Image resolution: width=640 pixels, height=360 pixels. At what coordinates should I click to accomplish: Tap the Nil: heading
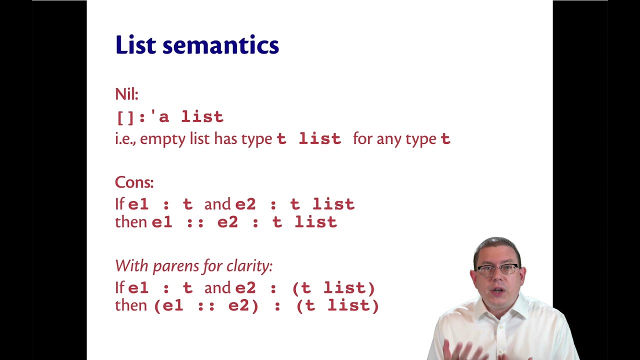tap(126, 94)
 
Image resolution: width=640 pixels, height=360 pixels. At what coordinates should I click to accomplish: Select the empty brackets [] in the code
tap(124, 117)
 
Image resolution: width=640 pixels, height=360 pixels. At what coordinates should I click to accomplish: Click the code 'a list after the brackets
tap(190, 117)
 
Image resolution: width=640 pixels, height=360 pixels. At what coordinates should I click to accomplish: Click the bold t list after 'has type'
tap(308, 139)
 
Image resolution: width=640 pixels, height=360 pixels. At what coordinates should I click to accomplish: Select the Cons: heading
tap(134, 182)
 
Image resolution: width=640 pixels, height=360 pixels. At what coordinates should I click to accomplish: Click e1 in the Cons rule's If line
tap(138, 204)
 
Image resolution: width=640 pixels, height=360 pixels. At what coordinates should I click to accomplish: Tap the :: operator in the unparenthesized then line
tap(194, 222)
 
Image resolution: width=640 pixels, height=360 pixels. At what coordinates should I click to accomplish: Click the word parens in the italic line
tap(171, 266)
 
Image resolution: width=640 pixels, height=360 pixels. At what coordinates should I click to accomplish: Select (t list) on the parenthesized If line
tap(333, 288)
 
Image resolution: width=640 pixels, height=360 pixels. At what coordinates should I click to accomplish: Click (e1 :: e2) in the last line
tap(206, 305)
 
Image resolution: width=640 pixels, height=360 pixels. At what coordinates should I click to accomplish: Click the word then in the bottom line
tap(130, 305)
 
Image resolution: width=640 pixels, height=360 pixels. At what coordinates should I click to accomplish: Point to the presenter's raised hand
tap(462, 350)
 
